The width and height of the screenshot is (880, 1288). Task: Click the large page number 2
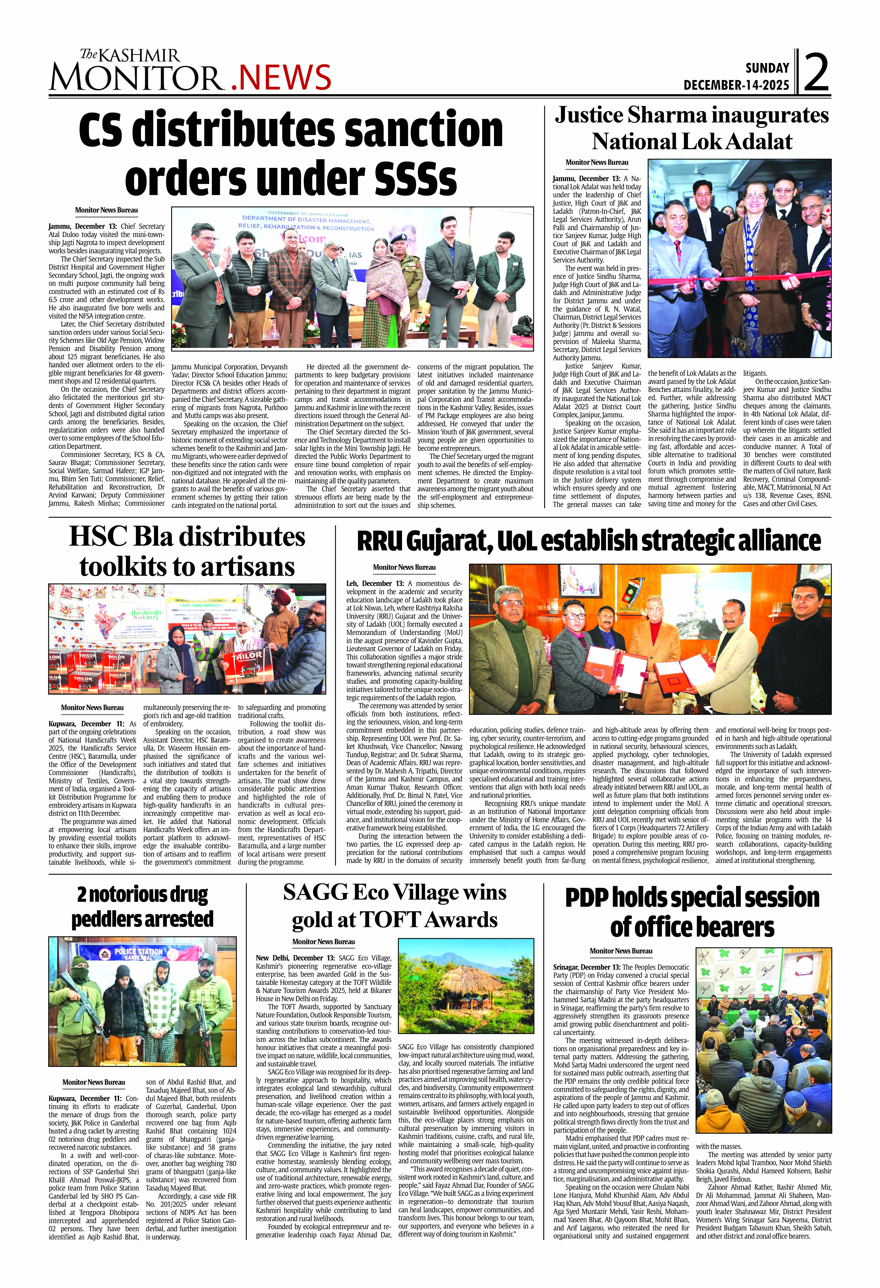click(x=816, y=73)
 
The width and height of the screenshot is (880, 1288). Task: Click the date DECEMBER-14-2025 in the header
click(x=736, y=85)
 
